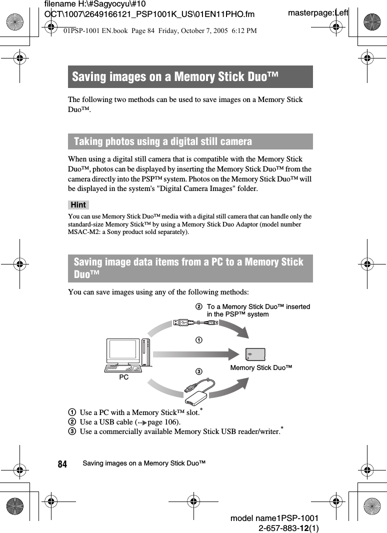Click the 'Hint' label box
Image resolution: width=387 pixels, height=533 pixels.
click(x=78, y=205)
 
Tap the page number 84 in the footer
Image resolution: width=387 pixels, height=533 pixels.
click(x=62, y=464)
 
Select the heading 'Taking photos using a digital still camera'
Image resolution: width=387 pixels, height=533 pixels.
click(x=163, y=141)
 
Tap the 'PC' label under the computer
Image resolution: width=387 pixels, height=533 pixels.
click(x=123, y=377)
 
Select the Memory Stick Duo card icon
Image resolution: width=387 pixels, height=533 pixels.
click(x=255, y=354)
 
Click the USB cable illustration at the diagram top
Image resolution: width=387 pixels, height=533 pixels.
click(x=196, y=323)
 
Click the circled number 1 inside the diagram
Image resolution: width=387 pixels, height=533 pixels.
click(x=198, y=340)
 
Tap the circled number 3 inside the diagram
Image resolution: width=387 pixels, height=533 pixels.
click(x=198, y=371)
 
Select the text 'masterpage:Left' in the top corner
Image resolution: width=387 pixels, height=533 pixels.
click(x=318, y=12)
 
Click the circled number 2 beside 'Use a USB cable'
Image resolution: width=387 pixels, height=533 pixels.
click(x=72, y=422)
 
